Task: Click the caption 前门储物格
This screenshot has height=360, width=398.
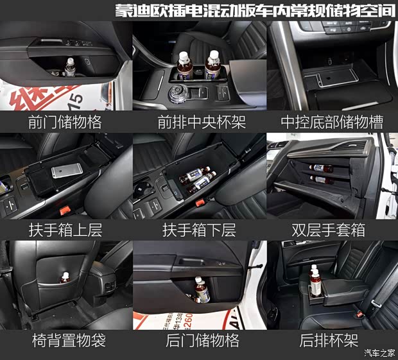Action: pyautogui.click(x=65, y=122)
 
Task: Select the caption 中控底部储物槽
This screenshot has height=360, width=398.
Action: pyautogui.click(x=333, y=122)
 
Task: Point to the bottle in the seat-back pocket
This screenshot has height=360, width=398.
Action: pyautogui.click(x=65, y=278)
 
